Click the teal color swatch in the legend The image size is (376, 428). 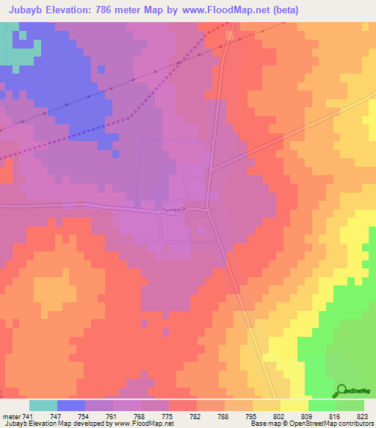click(x=43, y=405)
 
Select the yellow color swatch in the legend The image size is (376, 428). click(x=294, y=405)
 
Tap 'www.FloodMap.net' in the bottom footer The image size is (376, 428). click(x=142, y=424)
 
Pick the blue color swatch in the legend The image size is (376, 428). click(x=71, y=405)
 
